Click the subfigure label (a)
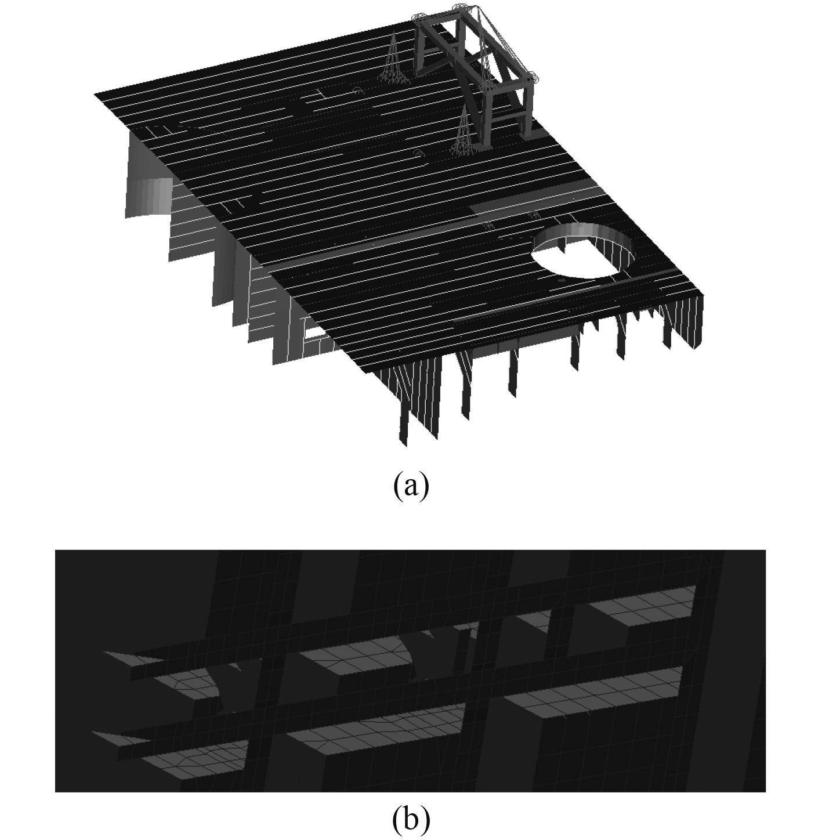(411, 486)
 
